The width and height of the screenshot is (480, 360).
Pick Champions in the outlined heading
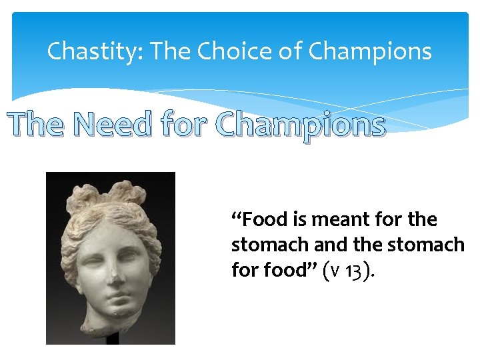point(301,125)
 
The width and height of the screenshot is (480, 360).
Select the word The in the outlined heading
point(37,124)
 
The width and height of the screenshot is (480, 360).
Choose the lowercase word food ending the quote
point(287,270)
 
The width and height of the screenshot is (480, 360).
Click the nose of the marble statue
point(115,266)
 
